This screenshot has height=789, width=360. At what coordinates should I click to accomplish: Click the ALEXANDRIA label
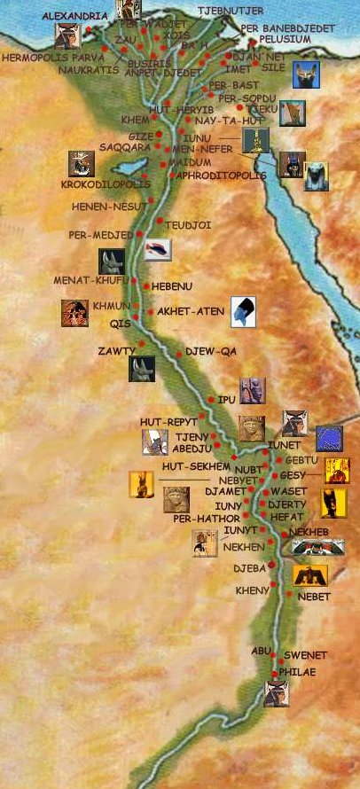tap(68, 16)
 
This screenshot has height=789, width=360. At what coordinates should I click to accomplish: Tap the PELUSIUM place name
tap(286, 39)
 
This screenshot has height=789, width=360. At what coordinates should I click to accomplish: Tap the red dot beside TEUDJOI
tap(159, 221)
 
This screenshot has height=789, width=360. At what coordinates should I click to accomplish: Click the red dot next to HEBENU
tap(146, 286)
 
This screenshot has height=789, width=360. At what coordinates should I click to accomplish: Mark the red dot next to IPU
tap(210, 400)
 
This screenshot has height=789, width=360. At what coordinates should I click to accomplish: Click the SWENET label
tap(305, 655)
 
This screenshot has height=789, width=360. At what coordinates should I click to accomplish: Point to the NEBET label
tap(314, 597)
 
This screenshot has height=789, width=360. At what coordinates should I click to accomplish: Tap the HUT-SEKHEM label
tap(196, 465)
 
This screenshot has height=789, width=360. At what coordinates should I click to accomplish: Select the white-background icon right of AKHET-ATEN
tap(244, 310)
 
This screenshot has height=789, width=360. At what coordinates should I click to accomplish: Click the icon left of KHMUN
tap(74, 314)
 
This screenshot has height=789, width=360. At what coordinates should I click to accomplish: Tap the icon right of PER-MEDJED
tap(158, 250)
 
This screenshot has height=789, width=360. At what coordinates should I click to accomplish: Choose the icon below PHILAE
tap(277, 694)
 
